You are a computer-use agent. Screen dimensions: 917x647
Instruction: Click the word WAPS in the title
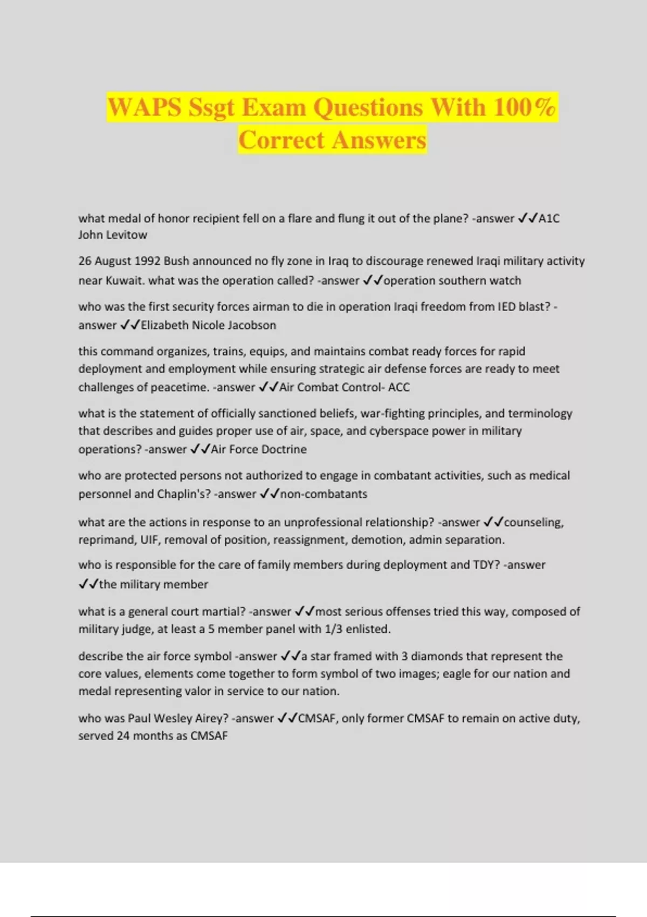point(144,107)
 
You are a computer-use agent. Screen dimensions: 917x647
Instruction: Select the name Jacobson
point(252,325)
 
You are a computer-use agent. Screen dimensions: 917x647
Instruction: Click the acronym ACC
point(399,387)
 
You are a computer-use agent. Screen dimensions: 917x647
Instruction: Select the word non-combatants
point(323,494)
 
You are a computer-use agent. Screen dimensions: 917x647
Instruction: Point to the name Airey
point(208,718)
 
